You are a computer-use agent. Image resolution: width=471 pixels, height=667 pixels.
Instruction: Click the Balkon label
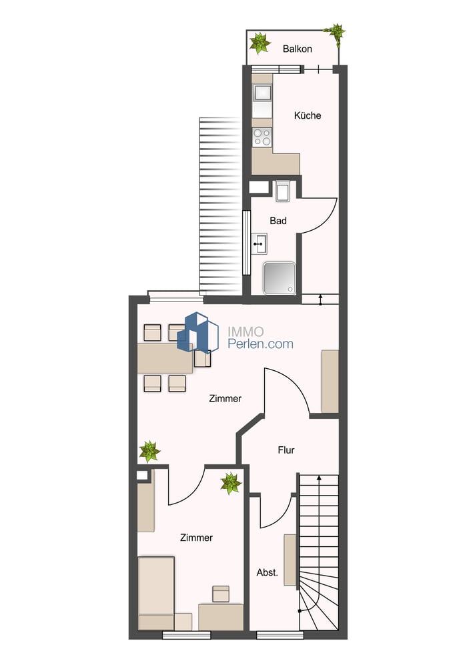tap(297, 49)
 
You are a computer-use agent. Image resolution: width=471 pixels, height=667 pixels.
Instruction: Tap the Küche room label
tap(307, 115)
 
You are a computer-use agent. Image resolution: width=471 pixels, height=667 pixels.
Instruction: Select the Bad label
tap(278, 221)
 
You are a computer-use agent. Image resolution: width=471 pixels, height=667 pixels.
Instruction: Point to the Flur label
tap(286, 450)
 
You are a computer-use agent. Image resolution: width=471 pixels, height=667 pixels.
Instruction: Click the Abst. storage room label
tap(268, 572)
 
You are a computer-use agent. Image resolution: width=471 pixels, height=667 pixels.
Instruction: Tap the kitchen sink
tap(262, 93)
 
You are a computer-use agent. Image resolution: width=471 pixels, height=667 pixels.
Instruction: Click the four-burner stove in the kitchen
tap(262, 137)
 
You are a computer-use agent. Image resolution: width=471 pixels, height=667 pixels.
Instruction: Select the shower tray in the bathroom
tap(279, 278)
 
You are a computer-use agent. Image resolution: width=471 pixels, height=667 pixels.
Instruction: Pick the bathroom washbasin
tap(259, 243)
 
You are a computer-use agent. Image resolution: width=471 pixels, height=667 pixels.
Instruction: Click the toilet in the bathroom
tap(282, 191)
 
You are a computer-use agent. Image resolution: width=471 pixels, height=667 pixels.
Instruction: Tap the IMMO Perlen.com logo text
tap(260, 338)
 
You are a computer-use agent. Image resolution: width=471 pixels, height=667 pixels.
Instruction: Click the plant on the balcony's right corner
tap(335, 33)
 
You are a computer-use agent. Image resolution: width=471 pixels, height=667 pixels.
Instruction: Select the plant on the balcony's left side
tap(260, 43)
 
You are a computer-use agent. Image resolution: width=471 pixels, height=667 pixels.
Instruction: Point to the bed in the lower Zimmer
tap(156, 593)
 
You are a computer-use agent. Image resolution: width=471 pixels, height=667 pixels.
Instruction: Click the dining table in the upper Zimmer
tap(165, 358)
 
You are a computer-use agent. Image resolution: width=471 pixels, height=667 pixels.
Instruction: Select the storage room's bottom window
tap(280, 635)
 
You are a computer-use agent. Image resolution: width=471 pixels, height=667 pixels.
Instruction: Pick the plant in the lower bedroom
tap(231, 484)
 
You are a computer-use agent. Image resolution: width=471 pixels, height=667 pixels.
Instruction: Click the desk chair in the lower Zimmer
tap(221, 594)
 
